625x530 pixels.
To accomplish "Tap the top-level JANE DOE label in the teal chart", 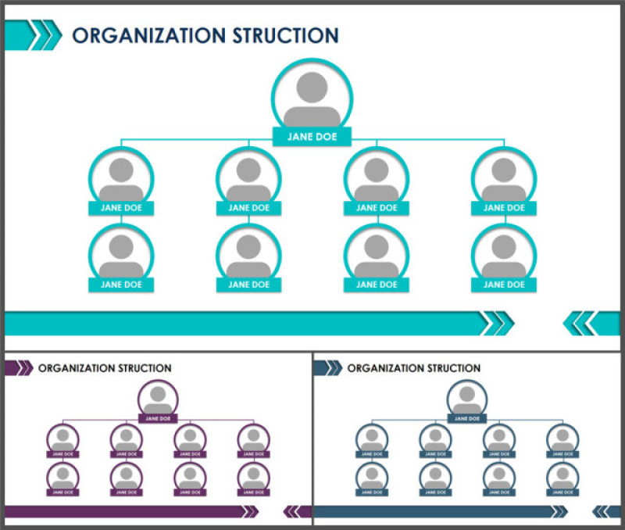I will [312, 137].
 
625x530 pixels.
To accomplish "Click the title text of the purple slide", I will [105, 368].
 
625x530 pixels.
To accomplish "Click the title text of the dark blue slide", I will [414, 368].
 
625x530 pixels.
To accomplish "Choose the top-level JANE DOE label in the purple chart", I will [158, 418].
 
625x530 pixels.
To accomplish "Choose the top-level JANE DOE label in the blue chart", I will [467, 418].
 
